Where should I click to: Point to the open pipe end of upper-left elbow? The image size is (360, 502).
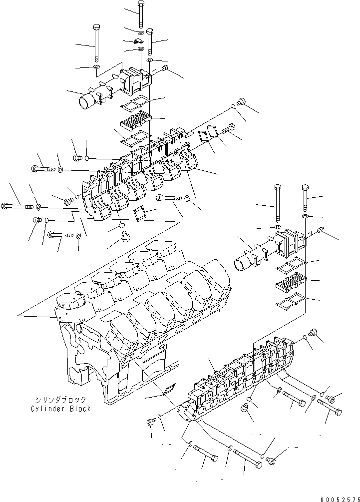(85, 102)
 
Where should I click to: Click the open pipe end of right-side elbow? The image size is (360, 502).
(242, 262)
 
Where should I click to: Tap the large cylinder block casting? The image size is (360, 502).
(140, 320)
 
